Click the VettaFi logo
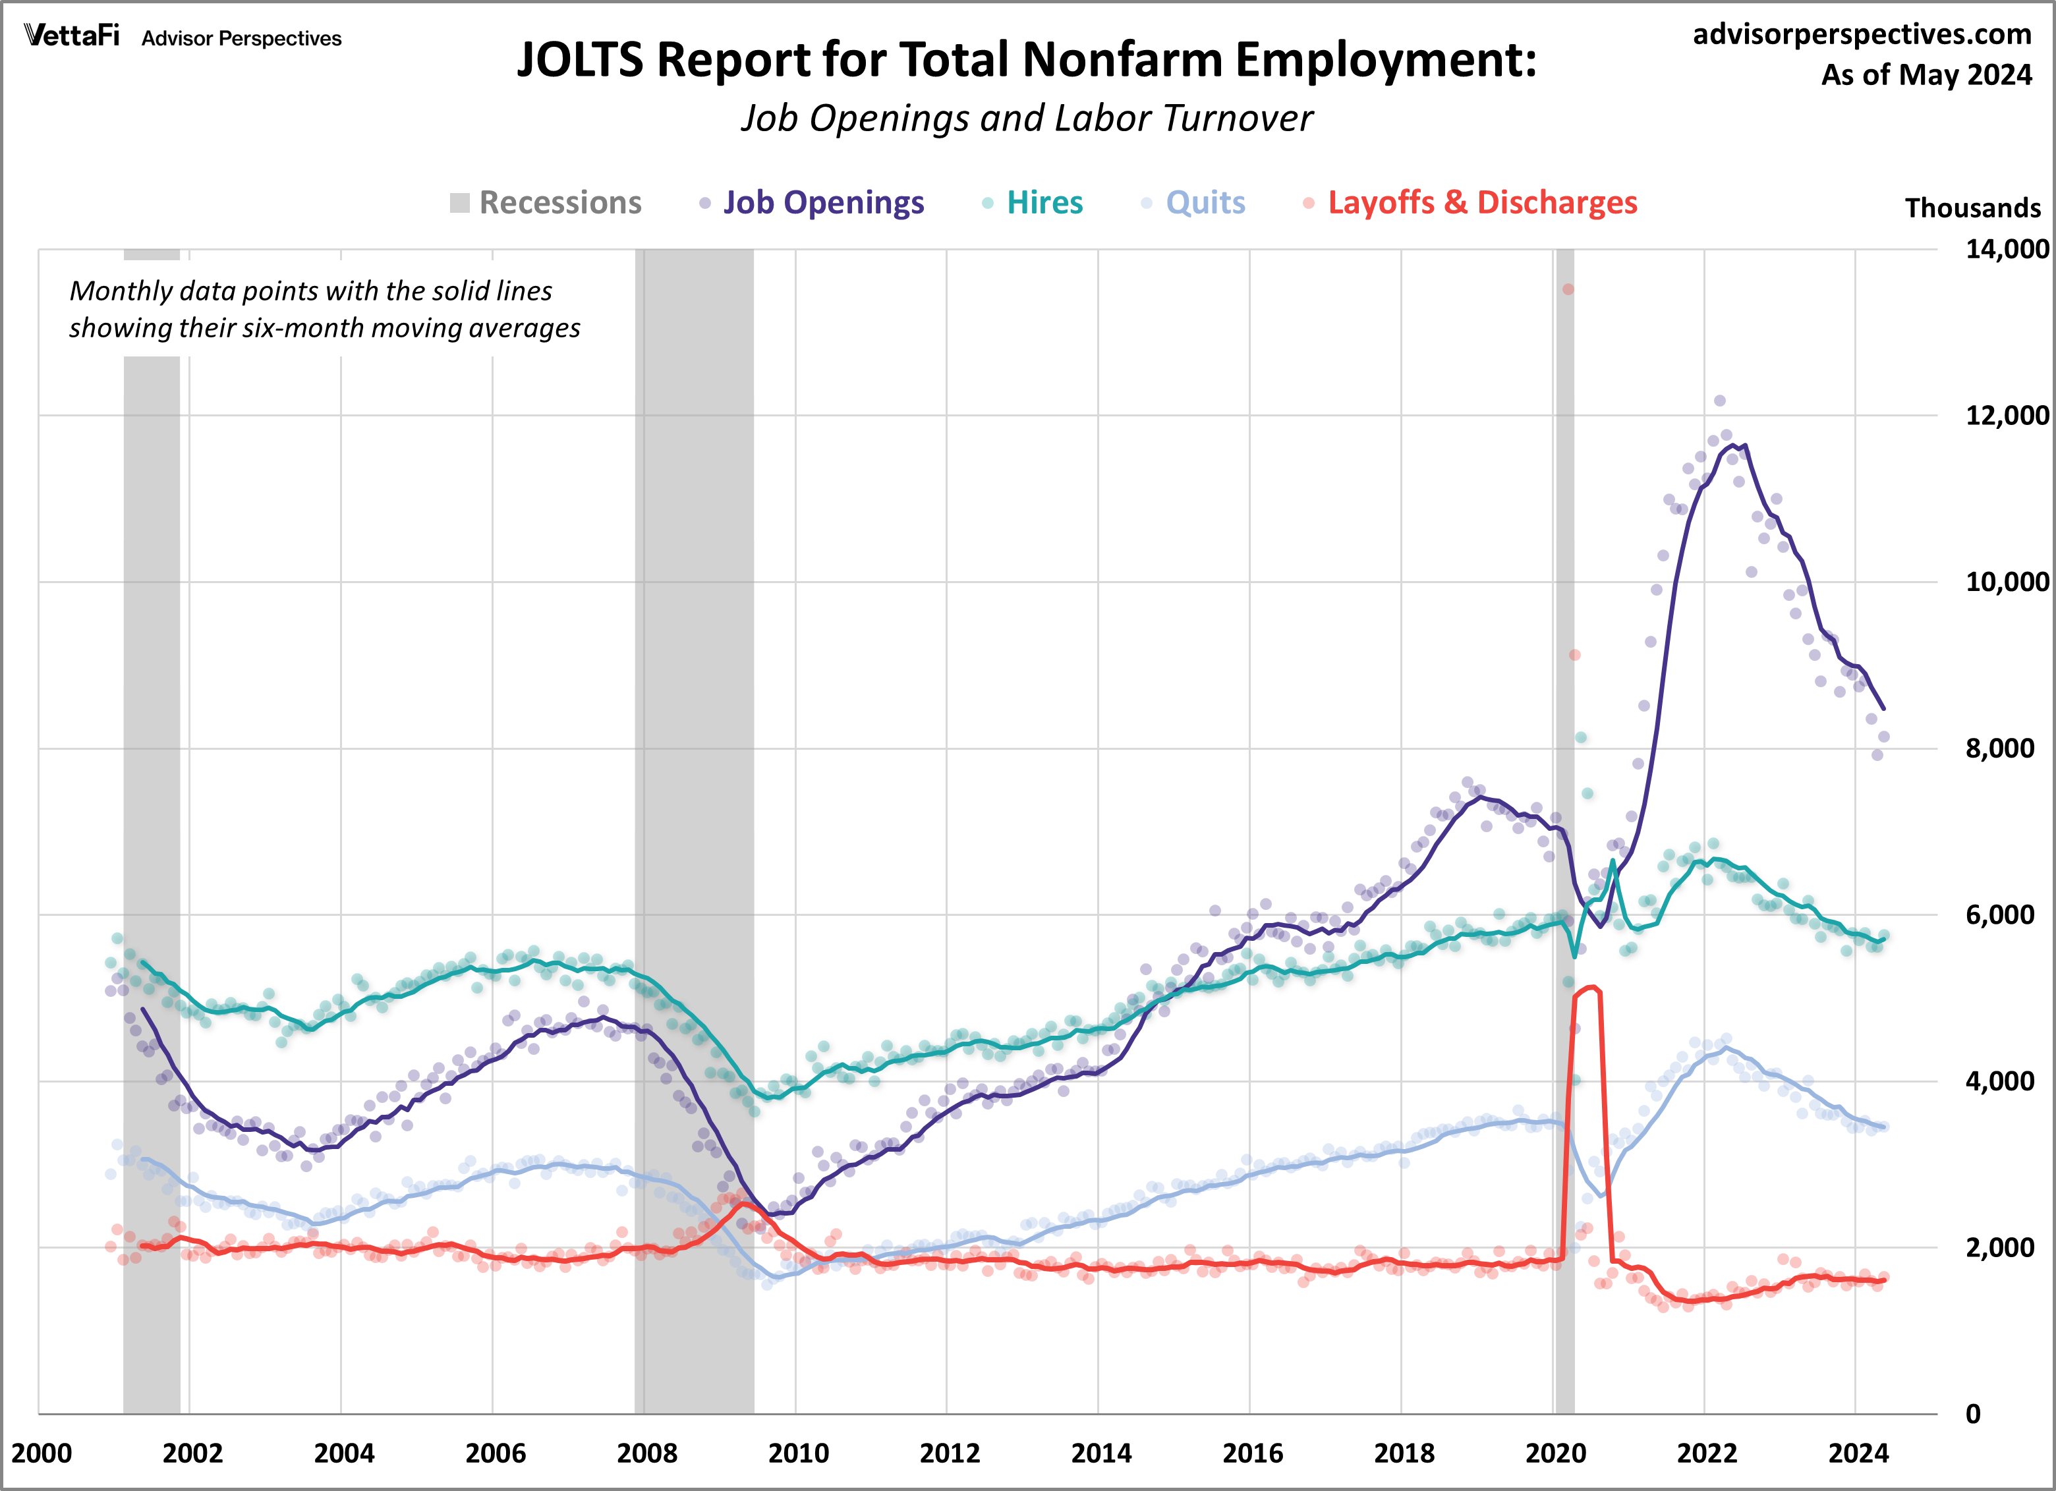tap(72, 36)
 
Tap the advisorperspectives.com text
tap(1862, 34)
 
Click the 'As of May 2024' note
tap(1926, 74)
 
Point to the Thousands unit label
tap(1972, 208)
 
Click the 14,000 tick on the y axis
tap(2005, 248)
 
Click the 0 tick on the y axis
tap(1972, 1414)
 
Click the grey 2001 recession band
tap(152, 816)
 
